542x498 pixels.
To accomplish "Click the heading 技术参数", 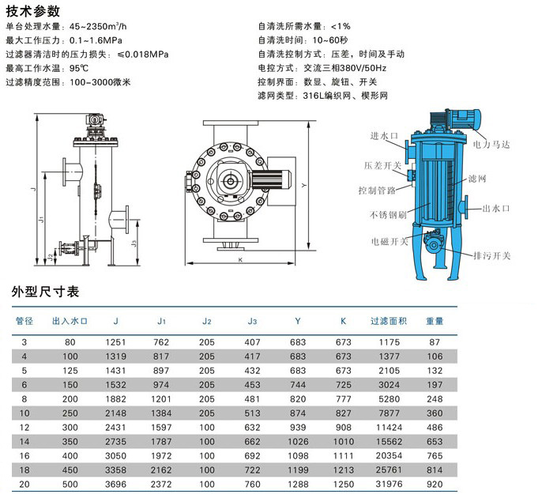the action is click(x=33, y=11).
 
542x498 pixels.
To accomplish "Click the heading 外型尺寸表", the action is click(x=45, y=292).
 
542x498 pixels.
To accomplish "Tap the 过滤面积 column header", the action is click(x=389, y=321).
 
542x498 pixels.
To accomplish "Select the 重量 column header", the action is click(x=435, y=321).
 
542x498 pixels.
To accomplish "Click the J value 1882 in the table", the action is click(x=115, y=398).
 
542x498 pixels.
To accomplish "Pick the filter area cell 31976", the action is click(x=389, y=484).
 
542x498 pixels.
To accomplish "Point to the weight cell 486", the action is click(x=435, y=427).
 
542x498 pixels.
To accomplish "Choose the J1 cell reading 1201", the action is click(x=161, y=398).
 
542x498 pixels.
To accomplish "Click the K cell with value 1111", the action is click(x=343, y=455).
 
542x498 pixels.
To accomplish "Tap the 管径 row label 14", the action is click(x=24, y=441).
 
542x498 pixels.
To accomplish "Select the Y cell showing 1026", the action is click(x=298, y=441).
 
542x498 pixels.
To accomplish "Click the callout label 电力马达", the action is click(x=491, y=144).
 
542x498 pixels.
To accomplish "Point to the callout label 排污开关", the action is click(x=491, y=255).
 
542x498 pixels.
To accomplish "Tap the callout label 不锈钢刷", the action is click(x=388, y=215).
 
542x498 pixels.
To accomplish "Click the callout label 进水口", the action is click(x=384, y=136).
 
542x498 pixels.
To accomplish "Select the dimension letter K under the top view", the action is click(x=240, y=260).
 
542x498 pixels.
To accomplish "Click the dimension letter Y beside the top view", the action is click(x=304, y=186).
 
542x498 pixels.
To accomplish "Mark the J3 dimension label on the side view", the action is click(x=134, y=243).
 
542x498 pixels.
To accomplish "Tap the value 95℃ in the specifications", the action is click(x=79, y=68).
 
